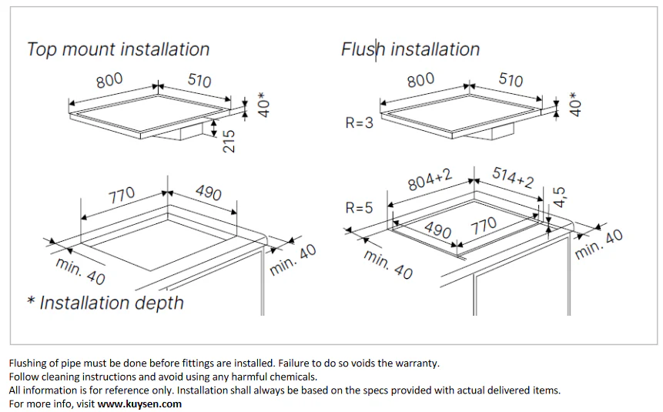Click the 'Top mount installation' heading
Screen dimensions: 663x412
click(x=119, y=49)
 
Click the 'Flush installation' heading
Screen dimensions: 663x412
click(x=410, y=49)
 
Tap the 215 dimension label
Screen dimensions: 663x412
click(x=229, y=141)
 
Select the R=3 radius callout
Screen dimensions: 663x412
click(x=360, y=122)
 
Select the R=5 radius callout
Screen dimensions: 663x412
click(x=360, y=208)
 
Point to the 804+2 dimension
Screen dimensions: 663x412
click(x=430, y=179)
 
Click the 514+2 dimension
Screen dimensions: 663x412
click(x=513, y=177)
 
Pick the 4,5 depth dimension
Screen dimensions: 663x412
click(x=559, y=197)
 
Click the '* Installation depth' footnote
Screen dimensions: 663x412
click(x=105, y=303)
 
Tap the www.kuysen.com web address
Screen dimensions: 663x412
click(x=139, y=404)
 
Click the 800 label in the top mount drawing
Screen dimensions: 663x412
click(x=109, y=80)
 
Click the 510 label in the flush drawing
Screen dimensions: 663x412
click(x=511, y=79)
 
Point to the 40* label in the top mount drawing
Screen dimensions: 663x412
click(x=263, y=105)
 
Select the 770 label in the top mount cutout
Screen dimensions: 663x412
click(x=122, y=195)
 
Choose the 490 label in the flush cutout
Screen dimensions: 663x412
click(x=437, y=229)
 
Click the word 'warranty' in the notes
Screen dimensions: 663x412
click(x=418, y=363)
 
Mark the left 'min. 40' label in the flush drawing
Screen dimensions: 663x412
click(x=388, y=265)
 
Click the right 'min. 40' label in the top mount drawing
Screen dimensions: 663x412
click(x=293, y=260)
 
